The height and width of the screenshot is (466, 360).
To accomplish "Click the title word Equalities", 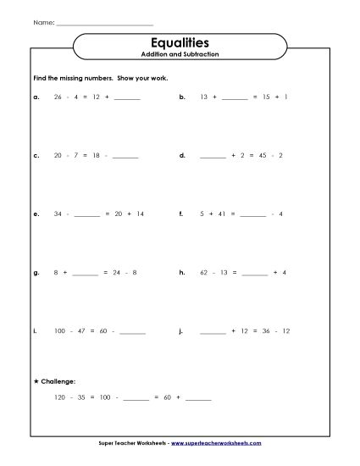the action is pyautogui.click(x=179, y=42).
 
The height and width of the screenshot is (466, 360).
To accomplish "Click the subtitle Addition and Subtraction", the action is pyautogui.click(x=179, y=54).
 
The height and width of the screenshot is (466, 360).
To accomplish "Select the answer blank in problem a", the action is pyautogui.click(x=126, y=99).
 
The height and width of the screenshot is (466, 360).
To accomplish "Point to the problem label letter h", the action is pyautogui.click(x=182, y=273).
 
